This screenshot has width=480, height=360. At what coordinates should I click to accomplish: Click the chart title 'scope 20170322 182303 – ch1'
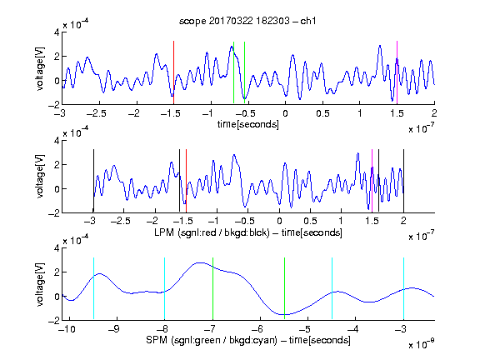pyautogui.click(x=247, y=21)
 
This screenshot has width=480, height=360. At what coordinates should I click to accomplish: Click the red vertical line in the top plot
pyautogui.click(x=173, y=72)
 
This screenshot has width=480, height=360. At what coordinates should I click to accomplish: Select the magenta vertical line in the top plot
pyautogui.click(x=397, y=72)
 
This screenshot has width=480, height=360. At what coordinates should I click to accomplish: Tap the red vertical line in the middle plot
pyautogui.click(x=186, y=181)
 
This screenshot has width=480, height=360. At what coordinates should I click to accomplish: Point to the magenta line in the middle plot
pyautogui.click(x=372, y=181)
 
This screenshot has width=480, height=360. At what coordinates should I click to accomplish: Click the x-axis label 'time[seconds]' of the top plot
pyautogui.click(x=248, y=124)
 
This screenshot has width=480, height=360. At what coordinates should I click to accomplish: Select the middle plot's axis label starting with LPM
pyautogui.click(x=248, y=232)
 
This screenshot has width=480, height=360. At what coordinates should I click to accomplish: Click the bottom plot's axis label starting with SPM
pyautogui.click(x=248, y=340)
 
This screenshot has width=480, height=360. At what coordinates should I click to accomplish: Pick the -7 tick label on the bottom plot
pyautogui.click(x=210, y=329)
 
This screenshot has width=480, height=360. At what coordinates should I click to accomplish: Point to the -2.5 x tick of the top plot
pyautogui.click(x=96, y=113)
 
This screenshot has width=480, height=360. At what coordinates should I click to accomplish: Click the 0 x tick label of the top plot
pyautogui.click(x=285, y=113)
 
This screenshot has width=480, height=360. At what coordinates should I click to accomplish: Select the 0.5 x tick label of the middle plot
pyautogui.click(x=310, y=221)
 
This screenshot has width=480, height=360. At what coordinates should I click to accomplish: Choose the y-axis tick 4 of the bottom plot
pyautogui.click(x=57, y=248)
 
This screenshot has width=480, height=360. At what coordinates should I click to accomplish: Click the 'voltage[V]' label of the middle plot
pyautogui.click(x=40, y=177)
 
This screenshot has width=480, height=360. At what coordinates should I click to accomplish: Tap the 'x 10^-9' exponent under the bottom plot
pyautogui.click(x=422, y=343)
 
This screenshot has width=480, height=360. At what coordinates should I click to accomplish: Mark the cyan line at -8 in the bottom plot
pyautogui.click(x=165, y=288)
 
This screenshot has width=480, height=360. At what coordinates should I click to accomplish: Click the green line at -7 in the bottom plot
pyautogui.click(x=212, y=288)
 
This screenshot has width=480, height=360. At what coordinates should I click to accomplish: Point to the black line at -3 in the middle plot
pyautogui.click(x=93, y=181)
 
